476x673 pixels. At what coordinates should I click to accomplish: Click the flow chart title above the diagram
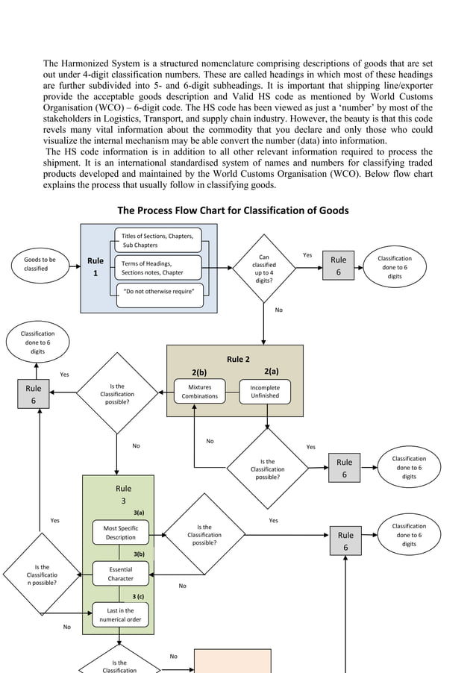tap(233, 210)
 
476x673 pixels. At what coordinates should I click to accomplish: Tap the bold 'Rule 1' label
tap(95, 267)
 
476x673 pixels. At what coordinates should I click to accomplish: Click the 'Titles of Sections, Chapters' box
tap(158, 240)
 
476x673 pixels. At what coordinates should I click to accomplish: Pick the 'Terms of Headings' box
tap(158, 268)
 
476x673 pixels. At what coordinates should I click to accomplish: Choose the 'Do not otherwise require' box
tap(158, 292)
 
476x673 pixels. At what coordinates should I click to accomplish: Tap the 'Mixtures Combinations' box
tap(200, 392)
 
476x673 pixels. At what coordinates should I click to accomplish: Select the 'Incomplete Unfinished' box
tap(265, 392)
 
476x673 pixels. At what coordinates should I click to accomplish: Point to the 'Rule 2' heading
tap(237, 359)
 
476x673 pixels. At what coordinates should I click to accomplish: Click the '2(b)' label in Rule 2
tap(199, 372)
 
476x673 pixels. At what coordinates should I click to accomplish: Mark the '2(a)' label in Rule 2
tap(272, 371)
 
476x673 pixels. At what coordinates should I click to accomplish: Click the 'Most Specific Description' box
tap(121, 533)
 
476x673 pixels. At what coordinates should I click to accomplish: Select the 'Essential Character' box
tap(121, 574)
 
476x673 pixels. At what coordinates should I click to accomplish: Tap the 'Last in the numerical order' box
tap(121, 615)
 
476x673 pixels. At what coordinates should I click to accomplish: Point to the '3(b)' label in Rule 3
tap(138, 554)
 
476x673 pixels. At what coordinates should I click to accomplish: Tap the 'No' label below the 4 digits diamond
tap(279, 310)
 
